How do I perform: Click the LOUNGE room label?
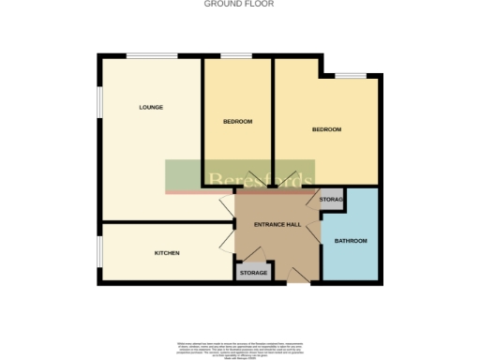point(151,108)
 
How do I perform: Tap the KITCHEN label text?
point(167,253)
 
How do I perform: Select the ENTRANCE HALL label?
point(277,224)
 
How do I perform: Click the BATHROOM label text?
point(351,241)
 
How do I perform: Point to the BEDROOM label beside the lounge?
point(237,122)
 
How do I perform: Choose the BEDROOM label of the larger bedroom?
point(326,129)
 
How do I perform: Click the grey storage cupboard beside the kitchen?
point(253,272)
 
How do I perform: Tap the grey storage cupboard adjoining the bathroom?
point(331,200)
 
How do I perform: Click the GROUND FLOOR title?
point(239,5)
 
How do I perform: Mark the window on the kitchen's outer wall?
point(99,252)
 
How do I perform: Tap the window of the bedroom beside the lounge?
point(234,55)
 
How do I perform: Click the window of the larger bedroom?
point(351,73)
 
